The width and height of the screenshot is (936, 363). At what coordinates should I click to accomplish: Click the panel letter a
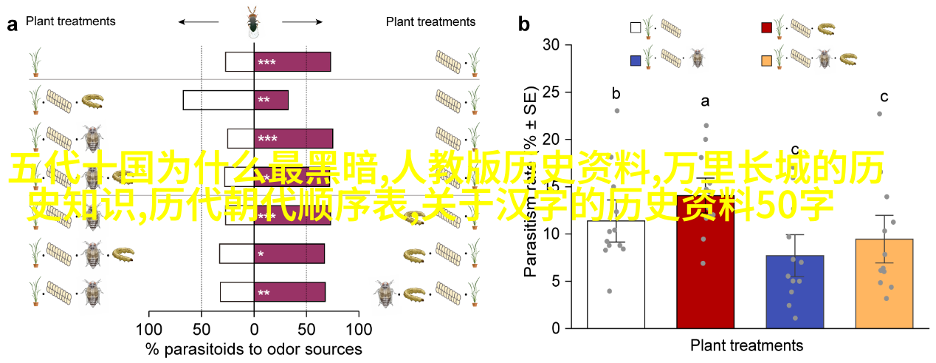click(x=12, y=24)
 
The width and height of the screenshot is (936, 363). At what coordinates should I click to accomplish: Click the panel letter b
click(x=524, y=24)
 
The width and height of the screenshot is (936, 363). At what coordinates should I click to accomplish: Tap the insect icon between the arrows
click(x=252, y=22)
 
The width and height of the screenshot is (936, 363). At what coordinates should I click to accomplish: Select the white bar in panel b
click(x=616, y=274)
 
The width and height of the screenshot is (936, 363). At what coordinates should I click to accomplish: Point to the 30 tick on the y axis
click(x=551, y=45)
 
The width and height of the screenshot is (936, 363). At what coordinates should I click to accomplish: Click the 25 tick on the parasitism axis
click(x=551, y=92)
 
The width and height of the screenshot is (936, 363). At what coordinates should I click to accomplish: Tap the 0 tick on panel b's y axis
click(x=556, y=328)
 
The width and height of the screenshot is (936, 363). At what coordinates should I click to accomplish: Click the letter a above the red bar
click(x=705, y=101)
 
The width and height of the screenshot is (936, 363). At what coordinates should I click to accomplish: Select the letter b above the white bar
click(x=616, y=94)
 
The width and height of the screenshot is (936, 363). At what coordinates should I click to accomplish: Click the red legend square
click(x=767, y=28)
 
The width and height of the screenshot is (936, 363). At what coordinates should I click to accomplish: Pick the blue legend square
click(x=636, y=58)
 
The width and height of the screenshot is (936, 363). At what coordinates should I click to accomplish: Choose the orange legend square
click(x=767, y=58)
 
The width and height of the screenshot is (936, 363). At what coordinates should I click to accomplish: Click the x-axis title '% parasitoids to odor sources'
click(x=254, y=348)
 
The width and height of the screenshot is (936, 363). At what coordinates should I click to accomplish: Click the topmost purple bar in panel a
click(x=292, y=62)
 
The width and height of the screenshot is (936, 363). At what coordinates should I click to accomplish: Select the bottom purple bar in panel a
click(x=289, y=292)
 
